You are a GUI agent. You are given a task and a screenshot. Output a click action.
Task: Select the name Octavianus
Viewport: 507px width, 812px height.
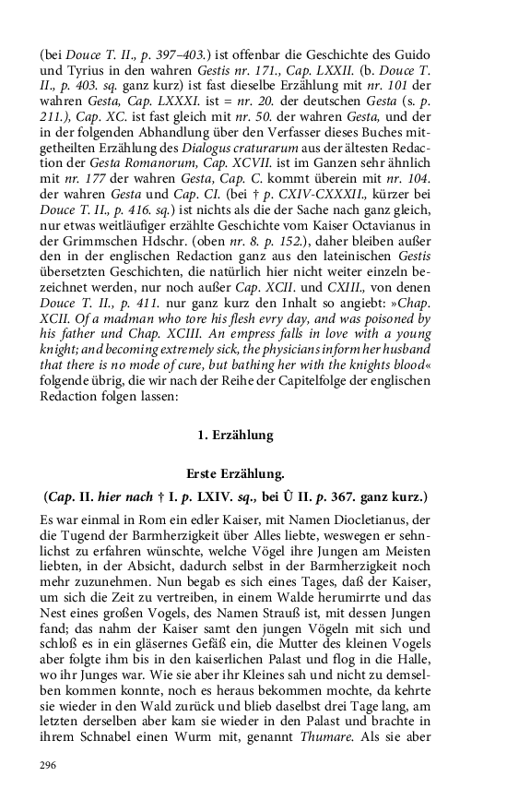[406, 233]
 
